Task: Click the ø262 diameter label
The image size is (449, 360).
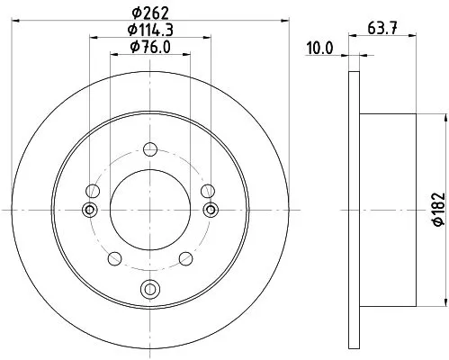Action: pos(149,12)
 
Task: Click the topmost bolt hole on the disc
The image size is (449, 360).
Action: pos(150,148)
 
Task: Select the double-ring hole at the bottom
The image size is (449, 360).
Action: pos(150,289)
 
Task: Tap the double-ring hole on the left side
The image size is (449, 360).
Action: pos(89,210)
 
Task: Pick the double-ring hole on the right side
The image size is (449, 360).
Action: pos(211,210)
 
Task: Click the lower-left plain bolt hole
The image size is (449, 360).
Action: pos(113,258)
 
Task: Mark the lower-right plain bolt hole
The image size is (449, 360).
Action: pos(187,258)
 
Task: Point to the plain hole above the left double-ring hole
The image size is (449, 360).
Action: pos(93,190)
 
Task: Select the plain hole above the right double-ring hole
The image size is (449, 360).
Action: pos(208,190)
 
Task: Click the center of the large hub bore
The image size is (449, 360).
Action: pos(150,210)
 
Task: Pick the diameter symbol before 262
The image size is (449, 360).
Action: pos(132,12)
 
